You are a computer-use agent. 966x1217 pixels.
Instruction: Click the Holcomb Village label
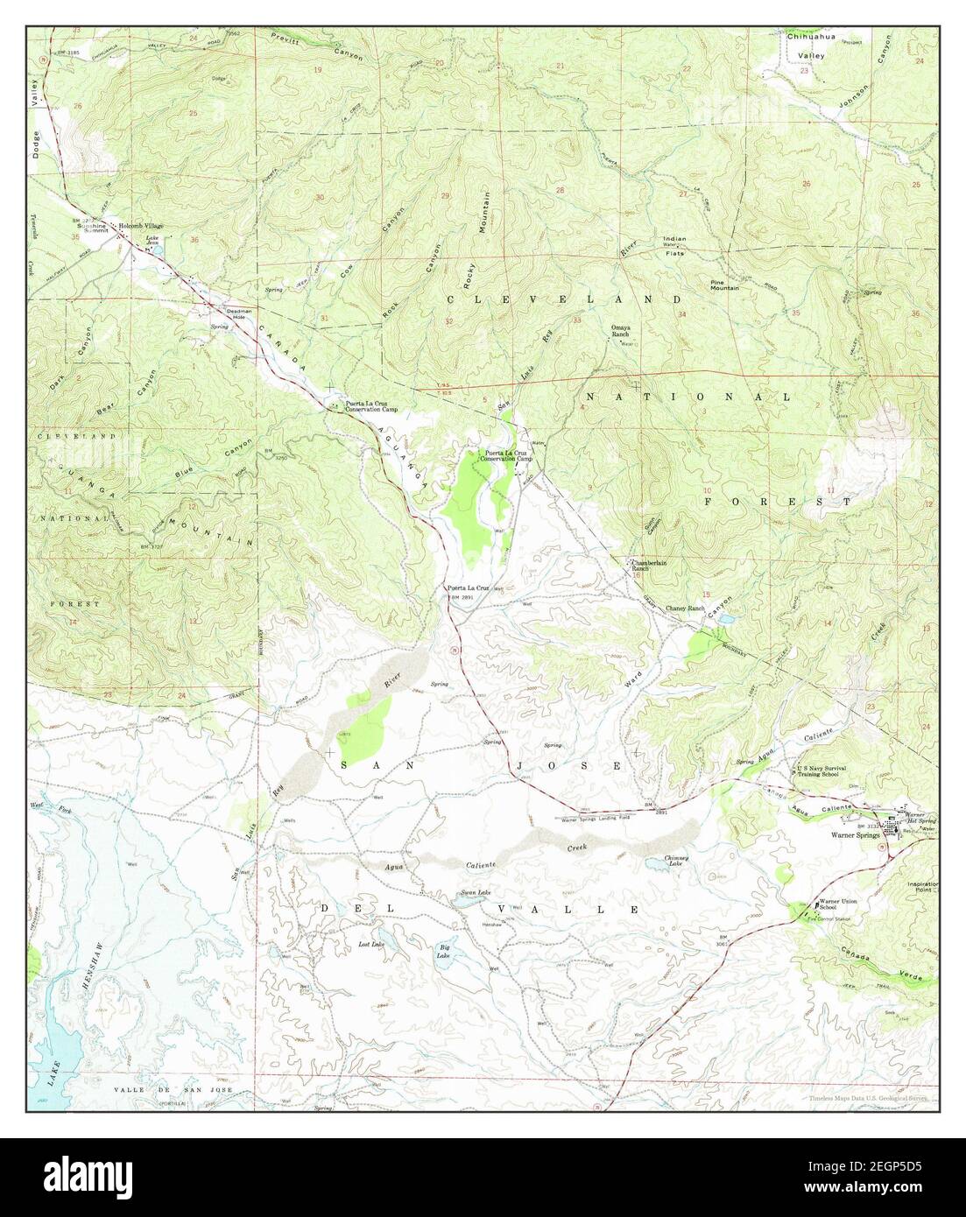(x=141, y=225)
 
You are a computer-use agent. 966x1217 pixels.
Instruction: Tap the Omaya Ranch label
(x=620, y=331)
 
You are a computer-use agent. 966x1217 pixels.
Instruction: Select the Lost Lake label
(x=371, y=944)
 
